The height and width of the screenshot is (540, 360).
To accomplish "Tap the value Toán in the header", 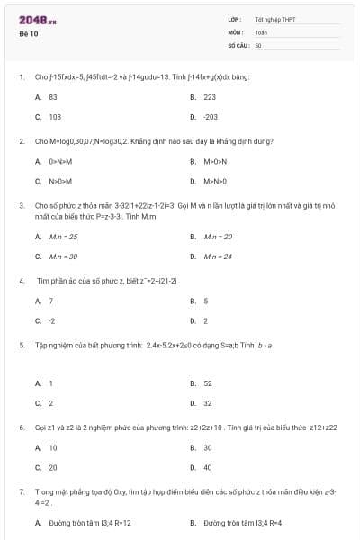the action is (261, 31).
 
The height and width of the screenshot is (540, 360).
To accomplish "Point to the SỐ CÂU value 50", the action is (258, 43).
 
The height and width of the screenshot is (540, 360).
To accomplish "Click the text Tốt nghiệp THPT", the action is (275, 19).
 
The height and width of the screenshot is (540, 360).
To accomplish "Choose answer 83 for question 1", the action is (53, 96).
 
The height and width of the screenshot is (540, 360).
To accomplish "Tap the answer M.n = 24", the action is (218, 256).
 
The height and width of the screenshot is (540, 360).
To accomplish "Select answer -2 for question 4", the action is (52, 320).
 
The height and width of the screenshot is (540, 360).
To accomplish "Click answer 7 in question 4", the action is (50, 301).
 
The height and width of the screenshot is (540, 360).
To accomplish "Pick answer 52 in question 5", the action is (208, 382).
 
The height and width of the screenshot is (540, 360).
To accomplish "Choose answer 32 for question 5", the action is (208, 402).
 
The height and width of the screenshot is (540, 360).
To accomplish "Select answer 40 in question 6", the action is (208, 467).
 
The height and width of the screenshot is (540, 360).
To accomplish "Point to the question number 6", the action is (21, 427).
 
